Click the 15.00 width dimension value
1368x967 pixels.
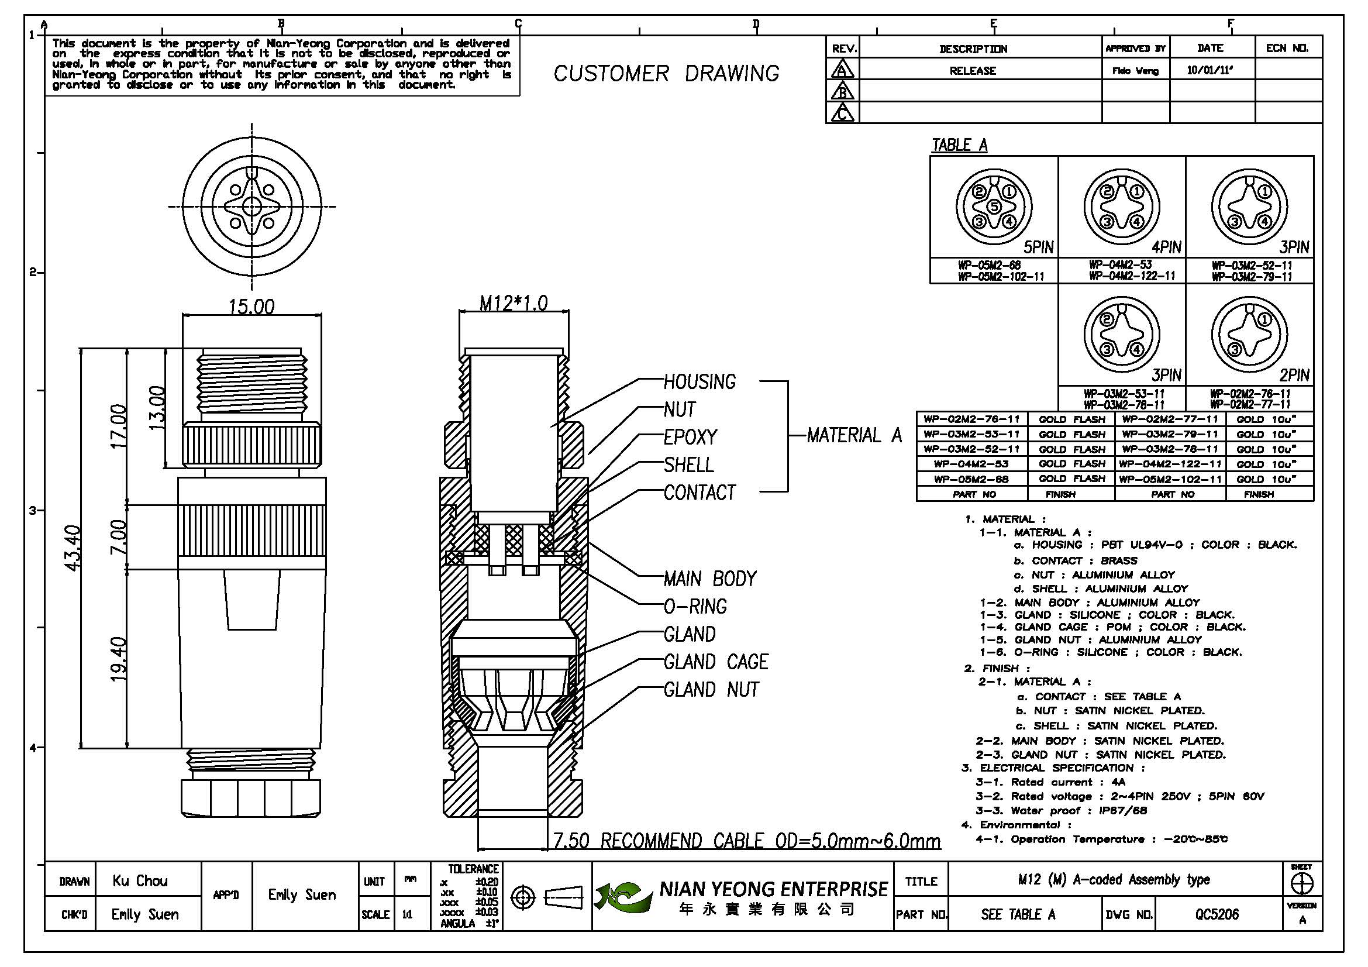coord(251,307)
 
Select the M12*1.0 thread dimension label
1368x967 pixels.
coord(513,303)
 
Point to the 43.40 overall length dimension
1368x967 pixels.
coord(72,548)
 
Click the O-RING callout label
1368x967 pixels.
coord(695,607)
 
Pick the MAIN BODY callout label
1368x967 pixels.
coord(709,579)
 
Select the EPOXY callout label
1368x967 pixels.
coord(690,438)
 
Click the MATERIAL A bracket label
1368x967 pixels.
coord(854,436)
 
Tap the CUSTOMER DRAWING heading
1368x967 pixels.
coord(666,74)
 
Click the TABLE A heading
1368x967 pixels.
coord(959,144)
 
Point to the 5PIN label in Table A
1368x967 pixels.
coord(1039,247)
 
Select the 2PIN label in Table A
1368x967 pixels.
coord(1294,376)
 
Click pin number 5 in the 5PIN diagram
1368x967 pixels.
coord(994,207)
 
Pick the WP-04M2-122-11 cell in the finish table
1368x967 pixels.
coord(1170,463)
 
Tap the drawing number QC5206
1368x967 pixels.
coord(1217,914)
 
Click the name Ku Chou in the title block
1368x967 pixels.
coord(140,880)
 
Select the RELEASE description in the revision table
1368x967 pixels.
coord(973,71)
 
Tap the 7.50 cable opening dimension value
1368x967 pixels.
coord(571,841)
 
